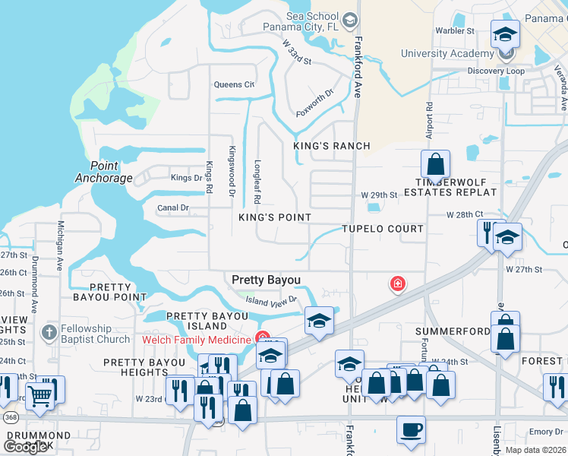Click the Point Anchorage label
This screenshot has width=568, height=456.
[x=104, y=172]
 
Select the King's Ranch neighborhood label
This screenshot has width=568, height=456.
[x=332, y=146]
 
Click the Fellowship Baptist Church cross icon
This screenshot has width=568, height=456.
[x=49, y=332]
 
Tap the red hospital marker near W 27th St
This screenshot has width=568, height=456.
[x=396, y=284]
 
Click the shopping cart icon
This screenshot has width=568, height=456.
[x=39, y=394]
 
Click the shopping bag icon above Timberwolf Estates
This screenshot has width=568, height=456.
[x=436, y=164]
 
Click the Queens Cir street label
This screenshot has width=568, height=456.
[x=233, y=84]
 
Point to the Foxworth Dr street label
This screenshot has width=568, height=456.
[x=314, y=103]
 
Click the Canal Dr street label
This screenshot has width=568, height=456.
[x=172, y=207]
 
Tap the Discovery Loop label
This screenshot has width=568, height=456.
[x=496, y=71]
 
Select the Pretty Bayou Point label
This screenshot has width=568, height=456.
[x=117, y=292]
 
